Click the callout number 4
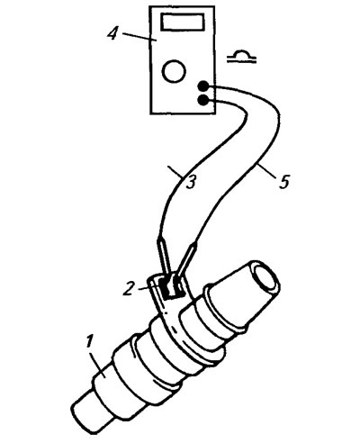coord(112,33)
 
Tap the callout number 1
coord(89,342)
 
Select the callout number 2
coord(129,288)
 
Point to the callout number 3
coord(191,182)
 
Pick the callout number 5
coord(283,182)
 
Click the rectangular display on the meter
coord(182,22)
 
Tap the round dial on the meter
coord(174,71)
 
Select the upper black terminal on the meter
coord(203,86)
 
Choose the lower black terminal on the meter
coord(203,100)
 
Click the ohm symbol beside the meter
coord(242,57)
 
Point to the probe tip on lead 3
coord(165,257)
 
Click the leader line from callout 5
coord(267,171)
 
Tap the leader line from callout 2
coord(144,288)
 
